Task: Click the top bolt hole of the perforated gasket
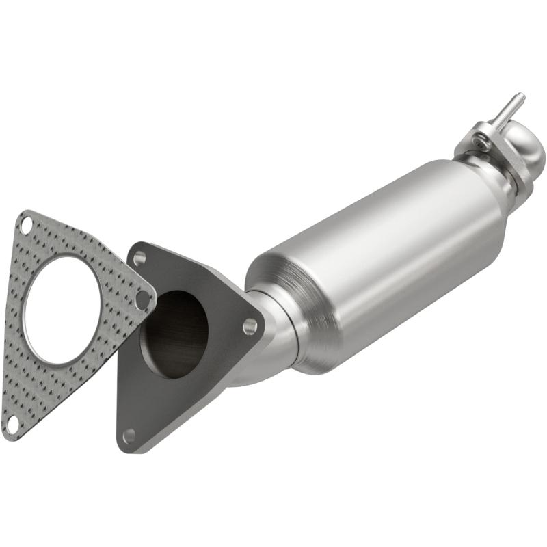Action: pyautogui.click(x=25, y=224)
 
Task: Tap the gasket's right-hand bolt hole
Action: pyautogui.click(x=143, y=299)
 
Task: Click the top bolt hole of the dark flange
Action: pyautogui.click(x=139, y=258)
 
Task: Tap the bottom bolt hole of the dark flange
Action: pyautogui.click(x=129, y=435)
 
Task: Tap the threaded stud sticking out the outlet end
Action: pyautogui.click(x=509, y=106)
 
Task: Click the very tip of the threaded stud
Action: pyautogui.click(x=520, y=95)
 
